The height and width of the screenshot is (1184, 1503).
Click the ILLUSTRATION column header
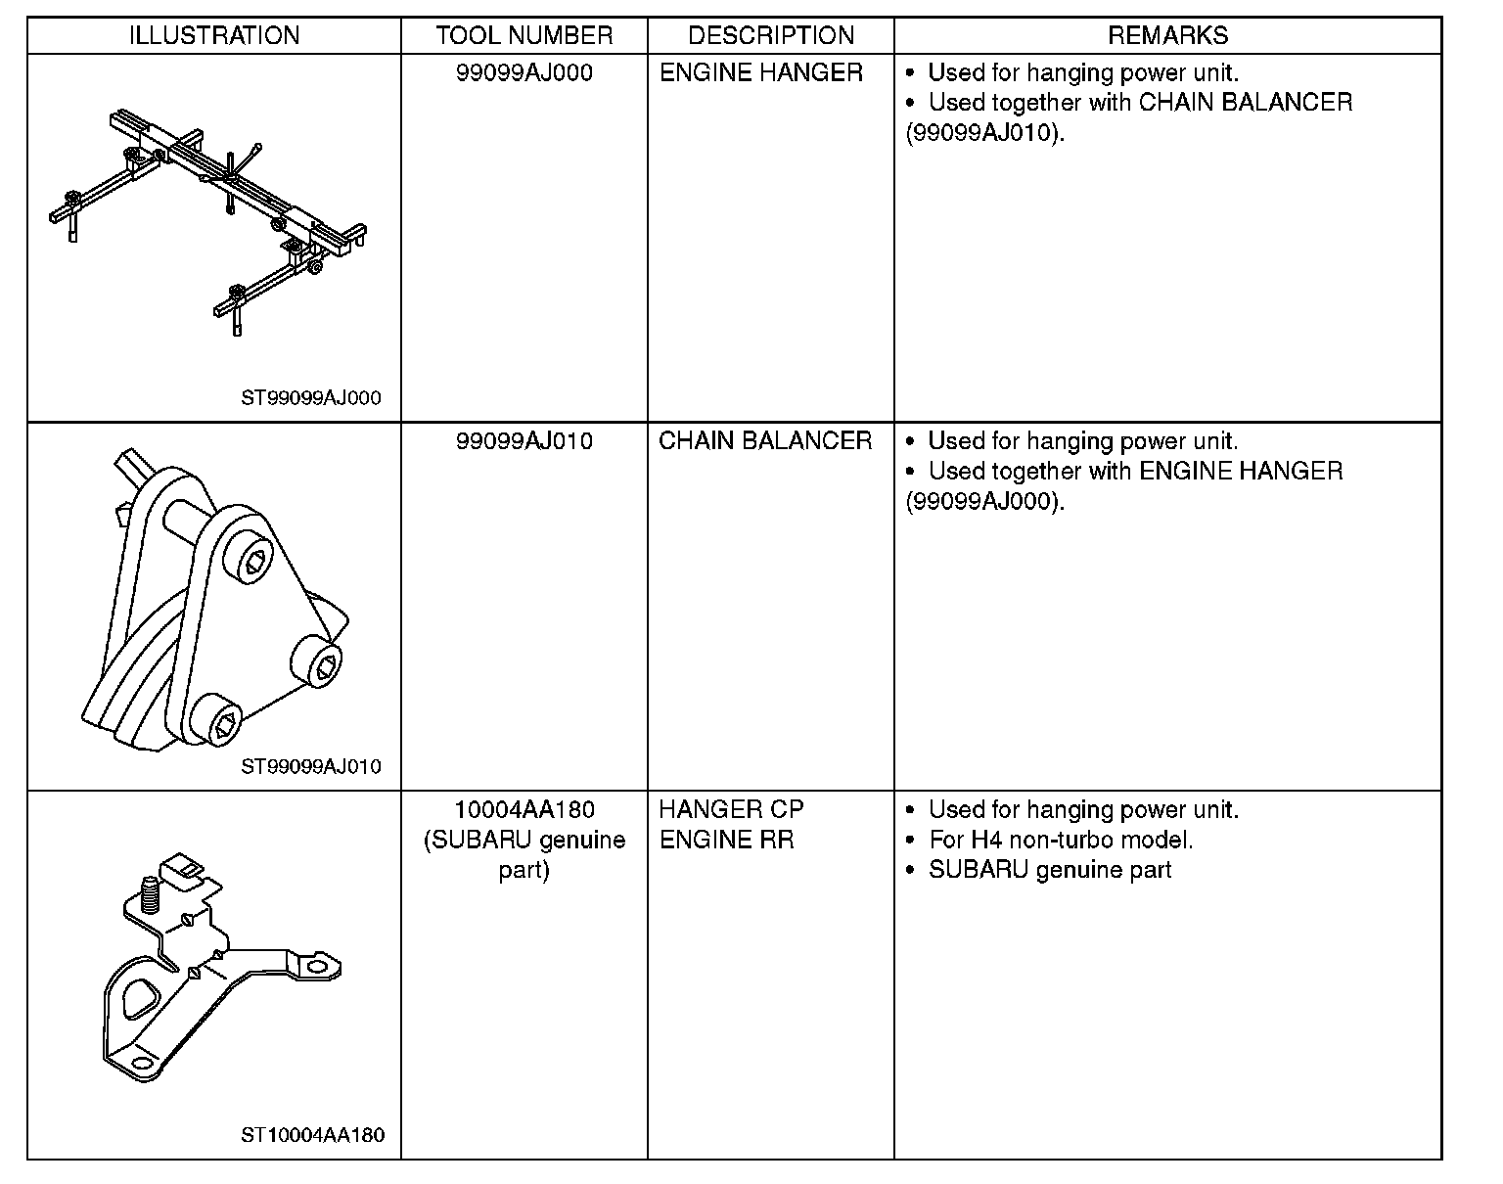click(x=214, y=36)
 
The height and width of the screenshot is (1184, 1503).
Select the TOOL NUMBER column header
click(x=524, y=36)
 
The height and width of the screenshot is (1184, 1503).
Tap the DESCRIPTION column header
click(x=771, y=36)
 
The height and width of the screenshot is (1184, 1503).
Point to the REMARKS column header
click(x=1167, y=36)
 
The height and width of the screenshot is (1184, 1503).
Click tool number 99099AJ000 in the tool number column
click(x=524, y=73)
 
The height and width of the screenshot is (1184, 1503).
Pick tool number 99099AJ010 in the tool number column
click(x=524, y=441)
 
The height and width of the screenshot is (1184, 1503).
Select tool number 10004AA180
click(x=524, y=810)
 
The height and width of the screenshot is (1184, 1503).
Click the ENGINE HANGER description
click(x=761, y=73)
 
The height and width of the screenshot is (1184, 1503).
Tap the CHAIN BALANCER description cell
click(x=765, y=441)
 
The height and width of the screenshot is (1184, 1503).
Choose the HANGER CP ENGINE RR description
click(x=731, y=825)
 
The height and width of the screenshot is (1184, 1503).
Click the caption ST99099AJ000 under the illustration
click(x=311, y=398)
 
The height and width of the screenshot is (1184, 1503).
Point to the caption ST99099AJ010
click(x=311, y=766)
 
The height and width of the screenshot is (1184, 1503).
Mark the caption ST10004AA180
click(x=313, y=1135)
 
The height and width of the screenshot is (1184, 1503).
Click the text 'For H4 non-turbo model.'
click(x=1061, y=841)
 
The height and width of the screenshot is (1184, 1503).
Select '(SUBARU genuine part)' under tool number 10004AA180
click(x=524, y=855)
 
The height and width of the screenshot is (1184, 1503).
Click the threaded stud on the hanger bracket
click(x=151, y=893)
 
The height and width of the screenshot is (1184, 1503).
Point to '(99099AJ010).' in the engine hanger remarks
click(x=984, y=133)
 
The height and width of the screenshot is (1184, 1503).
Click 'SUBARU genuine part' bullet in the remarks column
click(x=1049, y=870)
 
